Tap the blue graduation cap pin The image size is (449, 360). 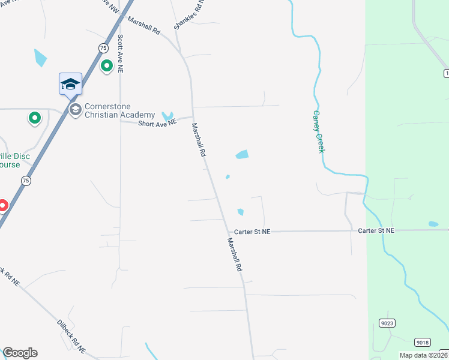(70, 83)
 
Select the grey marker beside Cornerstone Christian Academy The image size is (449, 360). (76, 109)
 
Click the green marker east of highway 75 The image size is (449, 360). (107, 65)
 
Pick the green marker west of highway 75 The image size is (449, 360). (35, 118)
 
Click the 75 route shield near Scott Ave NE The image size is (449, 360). (103, 48)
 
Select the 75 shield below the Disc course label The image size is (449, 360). (26, 181)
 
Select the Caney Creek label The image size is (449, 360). (318, 131)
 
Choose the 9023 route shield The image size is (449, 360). (387, 323)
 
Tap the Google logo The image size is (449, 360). (20, 353)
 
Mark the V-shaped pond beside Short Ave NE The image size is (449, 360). (167, 115)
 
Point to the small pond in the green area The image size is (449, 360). (433, 224)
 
